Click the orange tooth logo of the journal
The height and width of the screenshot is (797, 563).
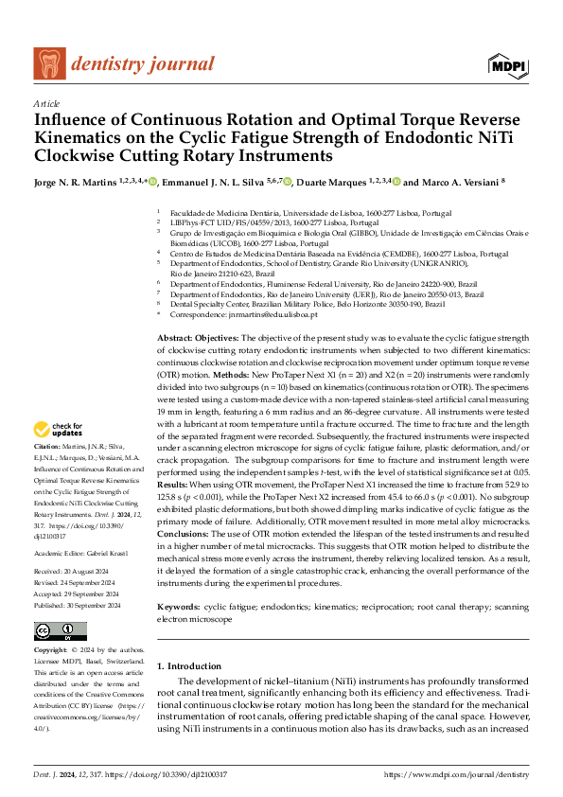[48, 63]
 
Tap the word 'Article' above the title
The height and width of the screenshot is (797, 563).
[46, 103]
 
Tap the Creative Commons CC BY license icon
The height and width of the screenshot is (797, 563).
[60, 631]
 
